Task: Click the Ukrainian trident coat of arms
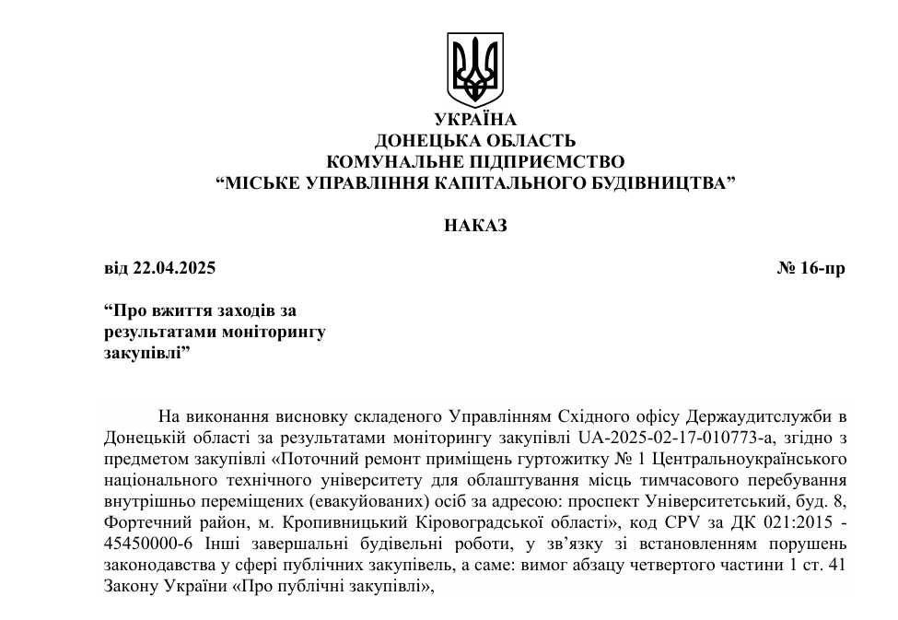pos(475,68)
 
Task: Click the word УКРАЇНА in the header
pos(475,120)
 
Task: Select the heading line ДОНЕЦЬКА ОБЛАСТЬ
pos(475,141)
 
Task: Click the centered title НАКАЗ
pos(475,226)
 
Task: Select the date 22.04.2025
pos(173,269)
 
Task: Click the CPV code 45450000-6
pos(148,543)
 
